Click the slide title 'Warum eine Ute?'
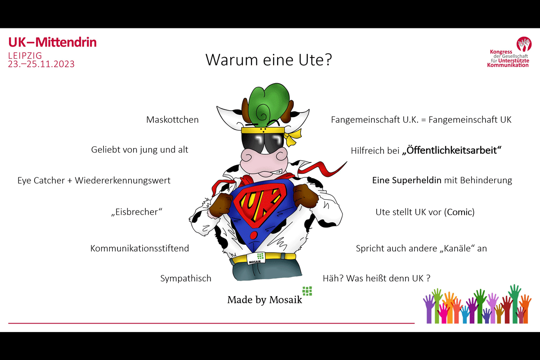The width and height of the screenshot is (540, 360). click(269, 59)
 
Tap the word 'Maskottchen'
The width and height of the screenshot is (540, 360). click(172, 120)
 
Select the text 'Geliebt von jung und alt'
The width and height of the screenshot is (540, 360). click(139, 150)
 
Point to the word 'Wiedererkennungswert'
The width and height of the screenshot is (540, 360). click(123, 180)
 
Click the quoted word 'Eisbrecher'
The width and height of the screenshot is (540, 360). click(137, 211)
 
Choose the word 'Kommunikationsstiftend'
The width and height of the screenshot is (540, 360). click(139, 248)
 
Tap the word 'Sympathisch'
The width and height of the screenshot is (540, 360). click(186, 278)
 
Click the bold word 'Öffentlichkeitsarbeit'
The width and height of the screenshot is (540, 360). click(451, 150)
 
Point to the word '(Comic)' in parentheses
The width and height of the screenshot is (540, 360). click(459, 212)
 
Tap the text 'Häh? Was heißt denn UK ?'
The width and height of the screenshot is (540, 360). click(377, 278)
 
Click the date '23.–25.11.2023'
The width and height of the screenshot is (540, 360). click(41, 64)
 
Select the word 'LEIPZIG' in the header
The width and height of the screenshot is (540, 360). click(25, 55)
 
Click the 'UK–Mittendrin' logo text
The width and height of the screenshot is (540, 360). click(52, 42)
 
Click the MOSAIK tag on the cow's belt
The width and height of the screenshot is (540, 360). click(256, 258)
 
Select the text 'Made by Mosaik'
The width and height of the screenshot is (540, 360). click(265, 300)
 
